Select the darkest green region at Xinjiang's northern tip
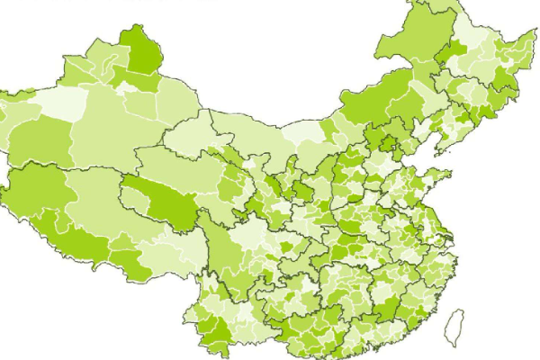[139, 49]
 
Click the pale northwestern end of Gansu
[180, 135]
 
